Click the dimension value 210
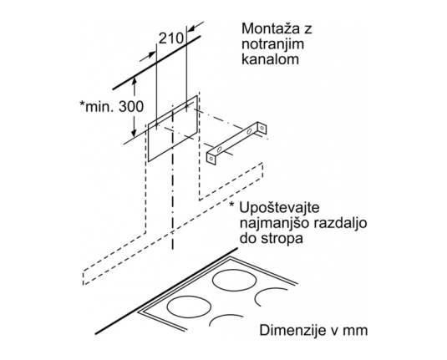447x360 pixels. tap(170, 38)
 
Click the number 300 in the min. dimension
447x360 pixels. tap(131, 107)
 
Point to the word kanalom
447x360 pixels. tap(270, 59)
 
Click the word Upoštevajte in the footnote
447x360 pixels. tap(279, 208)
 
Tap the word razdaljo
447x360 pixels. tap(340, 223)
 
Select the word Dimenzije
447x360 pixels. tap(292, 331)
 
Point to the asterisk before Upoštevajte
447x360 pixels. tap(231, 205)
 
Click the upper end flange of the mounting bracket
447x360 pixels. tap(262, 128)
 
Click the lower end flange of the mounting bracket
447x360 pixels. tap(211, 158)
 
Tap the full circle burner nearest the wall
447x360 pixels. tap(234, 280)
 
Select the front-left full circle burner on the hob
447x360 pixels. tap(189, 307)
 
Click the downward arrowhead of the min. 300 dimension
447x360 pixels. tap(134, 132)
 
